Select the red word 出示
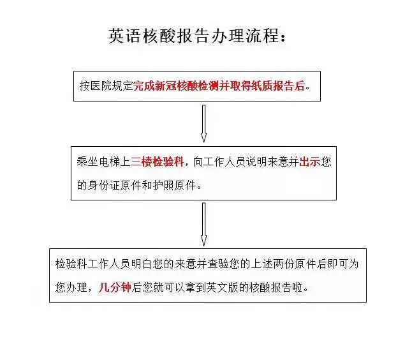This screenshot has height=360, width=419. point(309,162)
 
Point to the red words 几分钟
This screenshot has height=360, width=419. point(115,287)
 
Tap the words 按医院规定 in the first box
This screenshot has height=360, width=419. point(106,86)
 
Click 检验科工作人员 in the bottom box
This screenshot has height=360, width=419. point(87,264)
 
